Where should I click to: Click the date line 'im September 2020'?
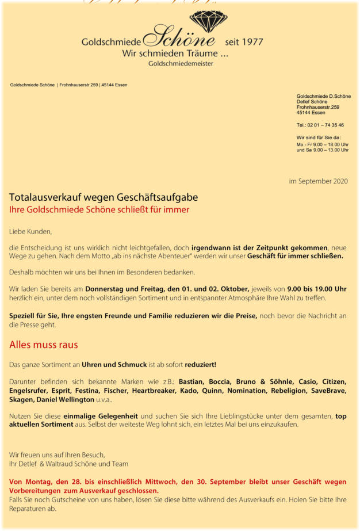pyautogui.click(x=318, y=181)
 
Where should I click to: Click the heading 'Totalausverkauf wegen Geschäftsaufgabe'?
pyautogui.click(x=104, y=197)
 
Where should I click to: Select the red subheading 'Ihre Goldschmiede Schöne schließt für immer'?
pyautogui.click(x=99, y=210)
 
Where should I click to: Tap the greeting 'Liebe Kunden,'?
pyautogui.click(x=30, y=232)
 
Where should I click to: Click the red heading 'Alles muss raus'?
pyautogui.click(x=44, y=345)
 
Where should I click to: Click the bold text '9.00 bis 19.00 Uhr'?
pyautogui.click(x=316, y=288)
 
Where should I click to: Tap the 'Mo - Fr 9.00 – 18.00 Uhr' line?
pyautogui.click(x=322, y=144)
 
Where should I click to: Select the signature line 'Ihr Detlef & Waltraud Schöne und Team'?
pyautogui.click(x=68, y=464)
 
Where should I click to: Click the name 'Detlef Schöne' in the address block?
pyautogui.click(x=312, y=101)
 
